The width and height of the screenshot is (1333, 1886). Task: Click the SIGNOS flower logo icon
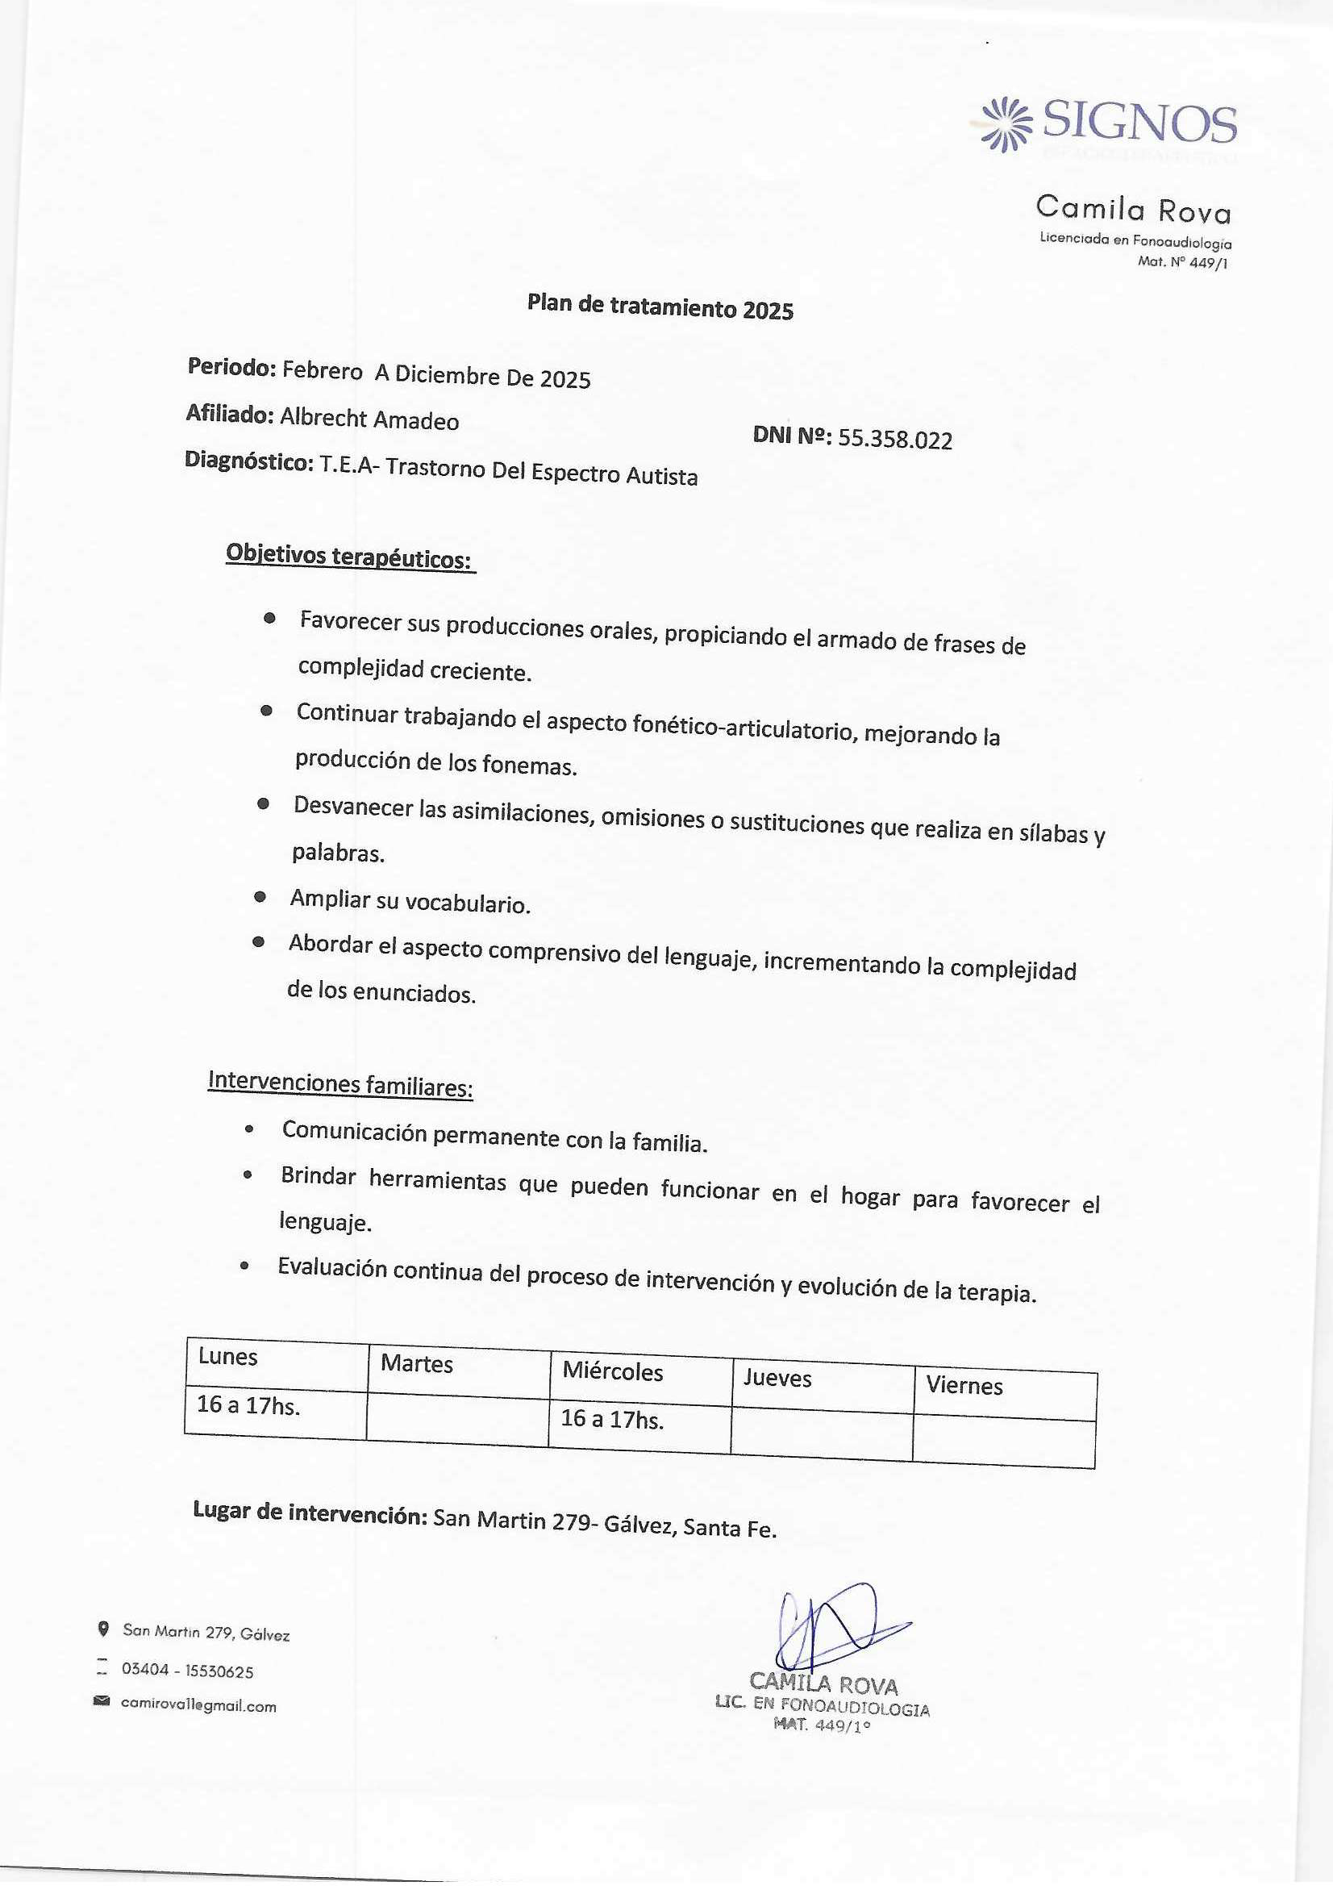tap(1006, 124)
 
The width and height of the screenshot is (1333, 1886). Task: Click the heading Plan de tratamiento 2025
tap(660, 307)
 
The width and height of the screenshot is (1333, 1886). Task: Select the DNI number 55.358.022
tap(894, 440)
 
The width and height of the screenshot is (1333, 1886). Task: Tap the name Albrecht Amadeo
tap(369, 419)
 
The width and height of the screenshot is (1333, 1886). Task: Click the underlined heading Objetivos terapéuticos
tap(349, 556)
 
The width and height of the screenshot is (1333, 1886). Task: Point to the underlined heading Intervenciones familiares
tap(340, 1083)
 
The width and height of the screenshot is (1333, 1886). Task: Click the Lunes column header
tap(227, 1356)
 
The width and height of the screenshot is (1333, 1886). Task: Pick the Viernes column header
tap(964, 1386)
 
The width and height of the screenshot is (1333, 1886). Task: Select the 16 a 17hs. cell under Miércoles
tap(612, 1419)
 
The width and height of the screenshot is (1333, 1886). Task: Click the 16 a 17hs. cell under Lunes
tap(248, 1405)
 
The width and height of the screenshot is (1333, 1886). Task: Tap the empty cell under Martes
tap(456, 1417)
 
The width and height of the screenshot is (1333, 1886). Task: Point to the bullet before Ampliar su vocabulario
tap(260, 897)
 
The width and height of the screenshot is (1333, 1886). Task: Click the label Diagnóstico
tap(249, 461)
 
